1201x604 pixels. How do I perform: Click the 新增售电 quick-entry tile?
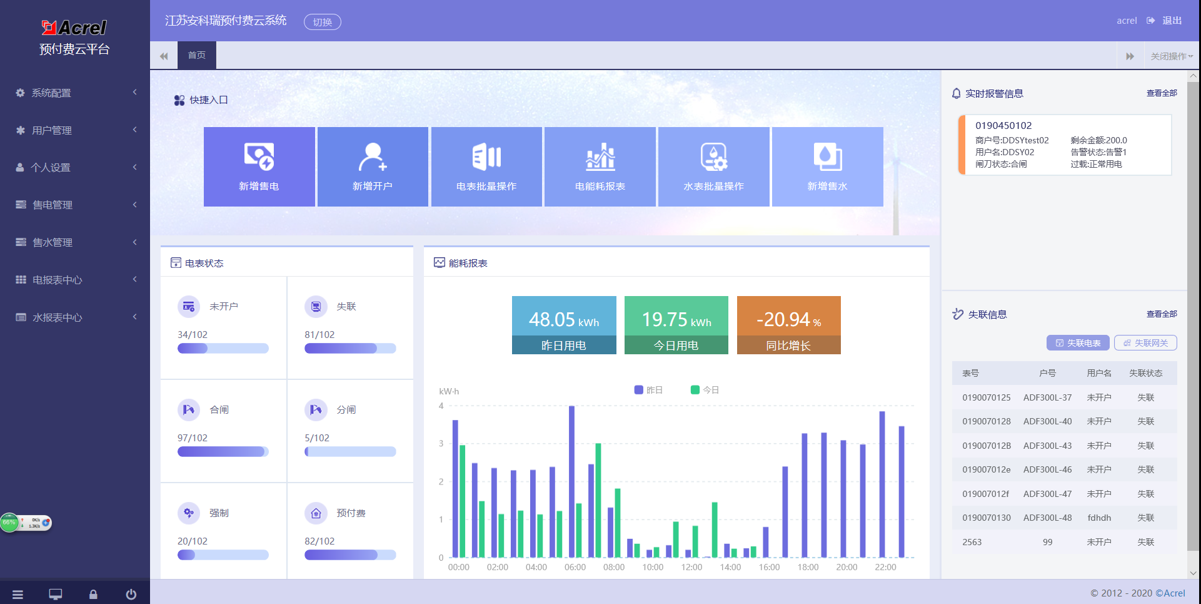click(259, 166)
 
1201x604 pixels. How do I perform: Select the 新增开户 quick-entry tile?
click(373, 166)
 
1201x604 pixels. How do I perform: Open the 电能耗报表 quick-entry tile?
click(600, 166)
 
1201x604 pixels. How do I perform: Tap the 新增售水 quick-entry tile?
click(827, 166)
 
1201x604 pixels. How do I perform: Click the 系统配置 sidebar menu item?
click(51, 93)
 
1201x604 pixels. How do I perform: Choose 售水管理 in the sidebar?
click(53, 243)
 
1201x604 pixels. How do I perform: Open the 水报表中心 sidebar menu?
click(57, 318)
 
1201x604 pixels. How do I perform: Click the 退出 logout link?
click(1171, 21)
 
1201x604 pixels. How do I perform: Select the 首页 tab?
click(196, 55)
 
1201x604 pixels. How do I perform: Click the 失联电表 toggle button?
click(1078, 343)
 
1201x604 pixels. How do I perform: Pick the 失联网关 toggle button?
click(1145, 343)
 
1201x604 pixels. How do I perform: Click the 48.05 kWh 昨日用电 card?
click(564, 325)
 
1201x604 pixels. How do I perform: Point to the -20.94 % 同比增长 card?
click(788, 325)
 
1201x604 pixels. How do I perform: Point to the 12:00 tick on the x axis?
click(691, 568)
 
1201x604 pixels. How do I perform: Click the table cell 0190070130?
click(986, 518)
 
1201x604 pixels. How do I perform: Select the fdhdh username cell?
click(1099, 518)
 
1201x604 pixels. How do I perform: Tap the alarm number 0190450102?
click(1003, 126)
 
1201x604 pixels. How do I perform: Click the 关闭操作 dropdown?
click(1171, 56)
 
